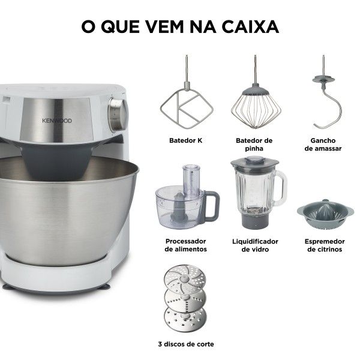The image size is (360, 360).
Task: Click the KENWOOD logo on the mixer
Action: click(57, 121)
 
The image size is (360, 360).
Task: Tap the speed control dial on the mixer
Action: click(118, 115)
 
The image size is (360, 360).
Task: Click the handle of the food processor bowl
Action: click(212, 205)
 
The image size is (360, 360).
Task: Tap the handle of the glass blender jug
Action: click(281, 188)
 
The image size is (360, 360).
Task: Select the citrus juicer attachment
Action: click(325, 214)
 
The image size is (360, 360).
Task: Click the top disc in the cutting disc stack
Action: click(185, 277)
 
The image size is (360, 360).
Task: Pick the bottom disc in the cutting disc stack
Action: click(185, 319)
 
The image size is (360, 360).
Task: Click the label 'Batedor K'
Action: click(186, 140)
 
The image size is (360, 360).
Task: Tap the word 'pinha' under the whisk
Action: click(254, 149)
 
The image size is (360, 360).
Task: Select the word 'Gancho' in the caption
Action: click(323, 140)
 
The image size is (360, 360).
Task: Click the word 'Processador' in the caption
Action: click(186, 241)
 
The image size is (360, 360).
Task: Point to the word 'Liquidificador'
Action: click(255, 242)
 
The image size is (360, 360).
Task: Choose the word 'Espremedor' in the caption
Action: click(325, 242)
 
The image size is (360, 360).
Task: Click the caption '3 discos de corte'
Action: click(186, 344)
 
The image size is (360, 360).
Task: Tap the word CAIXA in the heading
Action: click(250, 26)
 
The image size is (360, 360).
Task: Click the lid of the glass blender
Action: click(254, 162)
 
